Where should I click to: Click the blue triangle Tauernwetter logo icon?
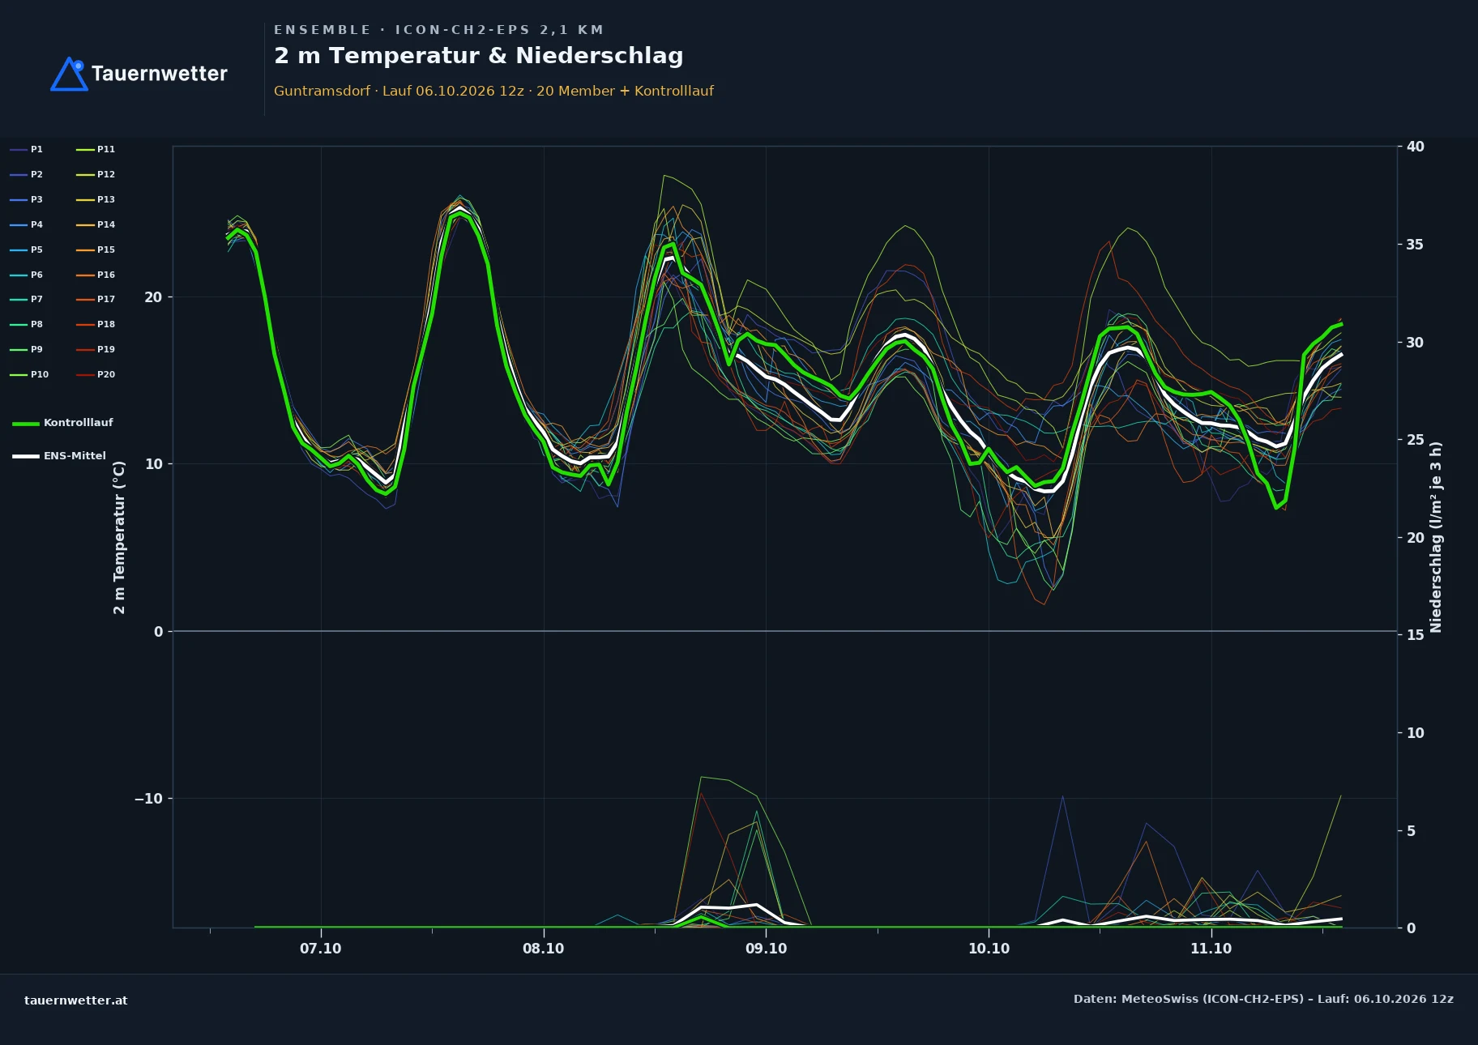(69, 75)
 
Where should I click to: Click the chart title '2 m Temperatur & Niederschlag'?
(479, 56)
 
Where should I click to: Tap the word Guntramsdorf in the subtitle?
(322, 91)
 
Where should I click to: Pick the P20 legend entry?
(96, 374)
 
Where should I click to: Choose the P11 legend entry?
(96, 149)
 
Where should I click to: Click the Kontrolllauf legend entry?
(62, 423)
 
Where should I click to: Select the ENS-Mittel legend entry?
(59, 456)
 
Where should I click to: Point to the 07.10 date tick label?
(321, 949)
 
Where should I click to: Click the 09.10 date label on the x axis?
(766, 949)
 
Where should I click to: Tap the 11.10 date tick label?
(1211, 949)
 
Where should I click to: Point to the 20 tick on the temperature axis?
(153, 297)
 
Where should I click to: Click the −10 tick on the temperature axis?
(148, 799)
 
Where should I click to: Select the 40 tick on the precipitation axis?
(1416, 147)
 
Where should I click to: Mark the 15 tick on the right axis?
(1416, 635)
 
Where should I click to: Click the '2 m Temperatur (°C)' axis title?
(119, 537)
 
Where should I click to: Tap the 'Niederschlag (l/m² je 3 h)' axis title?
(1436, 537)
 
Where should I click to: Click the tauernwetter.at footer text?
(76, 1000)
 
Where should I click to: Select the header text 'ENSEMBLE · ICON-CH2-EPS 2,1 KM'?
(438, 30)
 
